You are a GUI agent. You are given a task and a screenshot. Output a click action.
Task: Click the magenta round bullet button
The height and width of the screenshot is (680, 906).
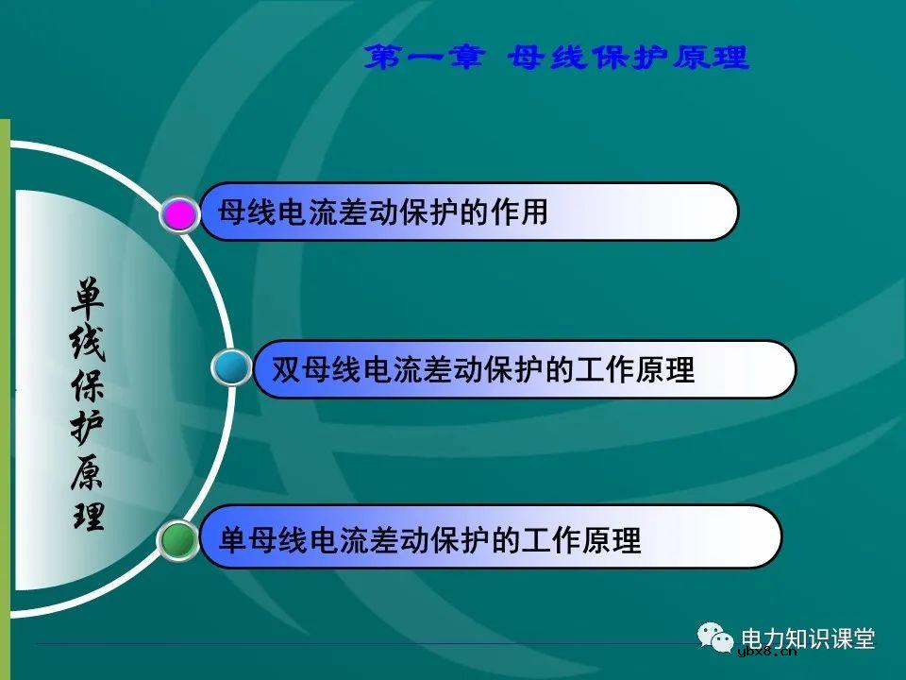179,214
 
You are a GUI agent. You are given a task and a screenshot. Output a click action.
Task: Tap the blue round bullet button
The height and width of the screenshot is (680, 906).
232,367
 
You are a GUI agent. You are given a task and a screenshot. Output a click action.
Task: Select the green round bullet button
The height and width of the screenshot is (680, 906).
178,540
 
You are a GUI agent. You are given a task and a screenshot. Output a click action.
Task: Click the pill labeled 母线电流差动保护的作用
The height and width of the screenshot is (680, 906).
468,212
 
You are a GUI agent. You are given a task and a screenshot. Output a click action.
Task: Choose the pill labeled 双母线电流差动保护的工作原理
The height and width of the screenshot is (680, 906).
525,368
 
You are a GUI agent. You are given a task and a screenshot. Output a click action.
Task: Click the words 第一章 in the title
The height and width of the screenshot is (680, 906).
426,59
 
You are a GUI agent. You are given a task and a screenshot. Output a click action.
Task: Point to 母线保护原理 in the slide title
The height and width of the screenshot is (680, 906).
628,59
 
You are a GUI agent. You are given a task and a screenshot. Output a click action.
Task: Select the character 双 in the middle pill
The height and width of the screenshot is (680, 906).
285,368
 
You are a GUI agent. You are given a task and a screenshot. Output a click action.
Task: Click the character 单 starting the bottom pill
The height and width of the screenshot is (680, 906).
232,539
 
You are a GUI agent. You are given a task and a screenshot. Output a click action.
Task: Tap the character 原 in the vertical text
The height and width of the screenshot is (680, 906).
88,471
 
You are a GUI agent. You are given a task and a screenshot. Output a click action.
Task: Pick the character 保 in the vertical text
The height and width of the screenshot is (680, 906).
88,385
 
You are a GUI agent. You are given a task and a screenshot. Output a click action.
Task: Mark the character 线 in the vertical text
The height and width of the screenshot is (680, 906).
88,342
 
